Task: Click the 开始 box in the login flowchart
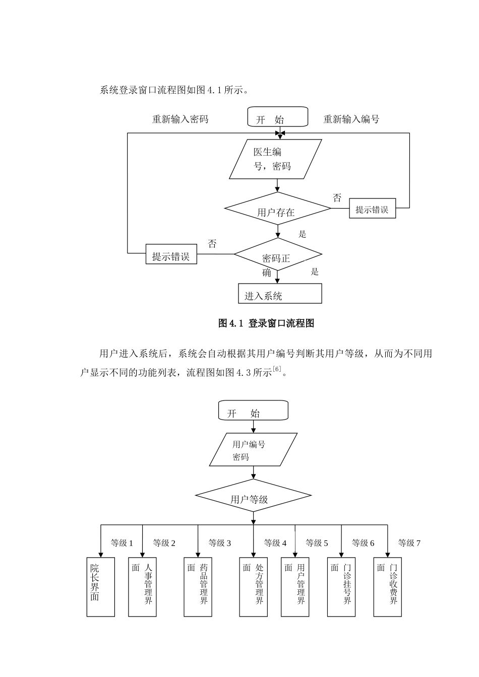click(277, 117)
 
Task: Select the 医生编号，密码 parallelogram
click(275, 159)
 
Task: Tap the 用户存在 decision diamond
click(277, 209)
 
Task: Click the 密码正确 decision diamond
click(277, 254)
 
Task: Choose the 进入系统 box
click(280, 294)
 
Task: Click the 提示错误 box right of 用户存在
click(373, 209)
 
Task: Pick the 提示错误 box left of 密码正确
click(171, 255)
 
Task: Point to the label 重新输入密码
click(180, 119)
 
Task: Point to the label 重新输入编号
click(351, 119)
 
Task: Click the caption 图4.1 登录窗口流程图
click(266, 323)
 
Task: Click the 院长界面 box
click(101, 587)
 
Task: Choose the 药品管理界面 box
click(198, 587)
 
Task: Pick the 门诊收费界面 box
click(388, 587)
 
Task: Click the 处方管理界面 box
click(253, 587)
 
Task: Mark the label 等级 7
click(409, 543)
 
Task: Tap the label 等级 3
click(220, 543)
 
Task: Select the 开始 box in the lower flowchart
click(253, 411)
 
